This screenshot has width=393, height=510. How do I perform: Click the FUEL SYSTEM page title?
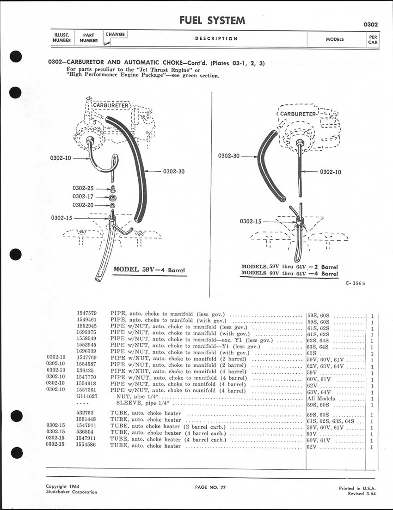(x=212, y=20)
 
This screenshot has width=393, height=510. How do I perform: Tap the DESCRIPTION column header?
(x=216, y=39)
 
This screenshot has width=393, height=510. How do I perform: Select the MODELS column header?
(x=335, y=39)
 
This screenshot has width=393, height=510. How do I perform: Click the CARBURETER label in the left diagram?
(x=111, y=105)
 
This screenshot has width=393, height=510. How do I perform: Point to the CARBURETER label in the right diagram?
(x=298, y=114)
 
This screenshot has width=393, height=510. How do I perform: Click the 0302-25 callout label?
(x=83, y=188)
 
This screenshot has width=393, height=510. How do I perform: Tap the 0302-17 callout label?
(x=83, y=196)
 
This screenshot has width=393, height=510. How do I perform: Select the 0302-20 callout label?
(x=83, y=205)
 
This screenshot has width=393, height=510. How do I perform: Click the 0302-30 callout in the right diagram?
(x=229, y=156)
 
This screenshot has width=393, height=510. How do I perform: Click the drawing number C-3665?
(x=355, y=284)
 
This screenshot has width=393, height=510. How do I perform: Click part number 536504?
(x=86, y=433)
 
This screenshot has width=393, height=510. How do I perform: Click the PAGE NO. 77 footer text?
(x=211, y=487)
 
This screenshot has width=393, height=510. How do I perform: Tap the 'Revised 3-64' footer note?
(x=362, y=493)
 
